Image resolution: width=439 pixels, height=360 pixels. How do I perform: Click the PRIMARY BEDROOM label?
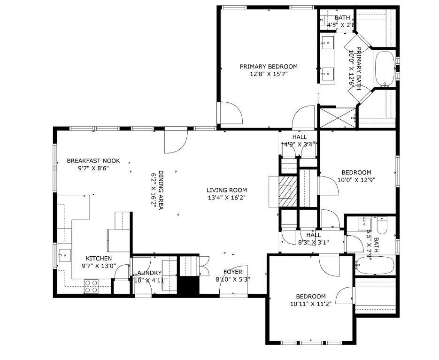269,67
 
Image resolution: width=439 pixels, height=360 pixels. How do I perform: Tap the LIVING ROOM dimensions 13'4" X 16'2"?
227,198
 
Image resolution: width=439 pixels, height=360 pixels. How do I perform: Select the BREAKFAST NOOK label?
93,161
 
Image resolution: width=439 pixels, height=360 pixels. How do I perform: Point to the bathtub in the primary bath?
385,69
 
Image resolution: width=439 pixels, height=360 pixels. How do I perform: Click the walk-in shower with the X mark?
338,117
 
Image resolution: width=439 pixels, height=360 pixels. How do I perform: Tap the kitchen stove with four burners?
91,286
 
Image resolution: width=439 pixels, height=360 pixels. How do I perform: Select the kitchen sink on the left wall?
63,256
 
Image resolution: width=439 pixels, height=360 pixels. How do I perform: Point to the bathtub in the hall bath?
374,266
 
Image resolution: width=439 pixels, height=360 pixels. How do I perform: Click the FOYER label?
233,272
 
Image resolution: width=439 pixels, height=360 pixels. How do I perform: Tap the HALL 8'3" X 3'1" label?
314,238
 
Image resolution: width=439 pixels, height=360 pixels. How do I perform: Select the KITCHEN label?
99,259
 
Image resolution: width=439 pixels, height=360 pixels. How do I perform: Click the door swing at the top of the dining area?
176,142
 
